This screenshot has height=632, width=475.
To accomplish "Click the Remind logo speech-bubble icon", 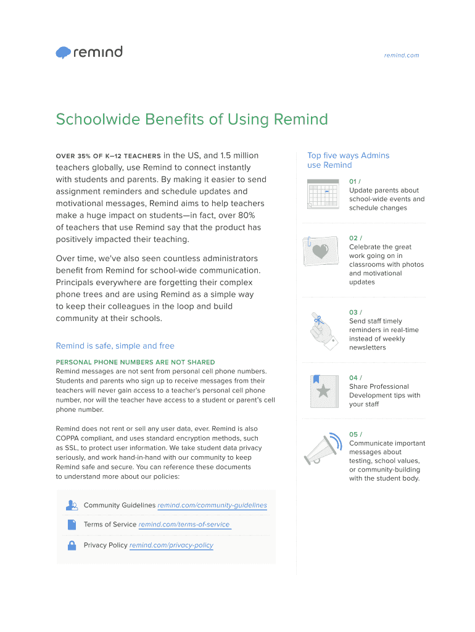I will pyautogui.click(x=64, y=53).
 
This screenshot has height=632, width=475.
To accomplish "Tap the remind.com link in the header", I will pyautogui.click(x=401, y=56).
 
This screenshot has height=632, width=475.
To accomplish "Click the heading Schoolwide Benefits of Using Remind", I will pyautogui.click(x=191, y=119).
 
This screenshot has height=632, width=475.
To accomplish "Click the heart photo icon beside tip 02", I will pyautogui.click(x=320, y=251).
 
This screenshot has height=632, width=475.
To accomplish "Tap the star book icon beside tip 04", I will pyautogui.click(x=323, y=391).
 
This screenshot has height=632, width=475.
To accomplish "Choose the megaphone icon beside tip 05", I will pyautogui.click(x=323, y=450).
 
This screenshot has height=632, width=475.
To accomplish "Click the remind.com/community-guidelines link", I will pyautogui.click(x=212, y=505).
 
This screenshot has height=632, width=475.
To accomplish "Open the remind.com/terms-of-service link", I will pyautogui.click(x=184, y=525).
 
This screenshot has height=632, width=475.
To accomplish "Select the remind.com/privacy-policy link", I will pyautogui.click(x=171, y=546).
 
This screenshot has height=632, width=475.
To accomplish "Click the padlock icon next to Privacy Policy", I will pyautogui.click(x=72, y=545).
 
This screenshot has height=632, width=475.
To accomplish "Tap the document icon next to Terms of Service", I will pyautogui.click(x=72, y=525).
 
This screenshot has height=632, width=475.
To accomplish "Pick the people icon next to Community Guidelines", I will pyautogui.click(x=72, y=505).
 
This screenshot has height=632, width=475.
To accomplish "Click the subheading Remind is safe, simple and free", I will pyautogui.click(x=115, y=346).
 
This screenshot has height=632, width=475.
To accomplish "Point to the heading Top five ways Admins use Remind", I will pyautogui.click(x=348, y=160).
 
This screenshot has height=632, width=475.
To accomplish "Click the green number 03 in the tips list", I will pyautogui.click(x=353, y=312).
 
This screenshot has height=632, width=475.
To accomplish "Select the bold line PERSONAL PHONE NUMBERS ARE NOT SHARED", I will pyautogui.click(x=135, y=362).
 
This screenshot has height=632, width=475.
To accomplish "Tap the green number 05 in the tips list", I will pyautogui.click(x=353, y=434).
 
